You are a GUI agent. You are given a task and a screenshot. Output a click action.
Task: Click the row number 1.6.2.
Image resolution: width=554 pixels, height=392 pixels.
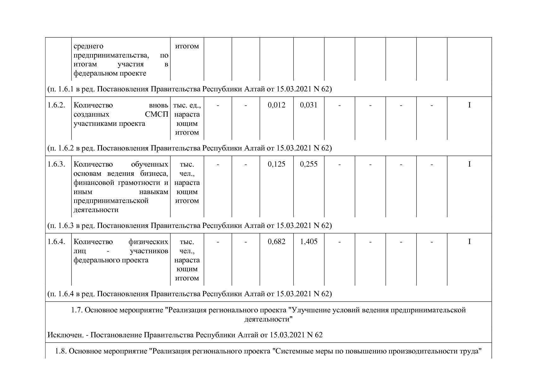[56, 105]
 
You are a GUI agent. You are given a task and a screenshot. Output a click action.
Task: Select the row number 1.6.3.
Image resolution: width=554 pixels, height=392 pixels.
[56, 164]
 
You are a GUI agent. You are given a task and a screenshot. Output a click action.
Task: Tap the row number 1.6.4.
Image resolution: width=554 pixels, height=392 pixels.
[56, 242]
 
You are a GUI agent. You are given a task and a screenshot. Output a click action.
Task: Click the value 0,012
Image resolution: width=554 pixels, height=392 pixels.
[276, 105]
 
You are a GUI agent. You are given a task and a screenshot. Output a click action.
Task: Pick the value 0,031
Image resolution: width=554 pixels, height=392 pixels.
[309, 105]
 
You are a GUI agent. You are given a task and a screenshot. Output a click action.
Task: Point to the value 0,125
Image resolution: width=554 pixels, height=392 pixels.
[276, 164]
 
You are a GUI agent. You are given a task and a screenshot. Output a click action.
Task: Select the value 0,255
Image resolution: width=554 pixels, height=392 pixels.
[309, 164]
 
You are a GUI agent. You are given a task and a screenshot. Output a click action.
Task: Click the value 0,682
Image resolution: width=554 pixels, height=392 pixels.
[276, 242]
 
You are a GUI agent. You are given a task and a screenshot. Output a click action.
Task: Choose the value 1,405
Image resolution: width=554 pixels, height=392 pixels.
[309, 242]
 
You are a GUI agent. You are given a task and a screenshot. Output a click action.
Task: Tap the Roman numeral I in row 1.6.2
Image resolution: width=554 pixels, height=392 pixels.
[469, 105]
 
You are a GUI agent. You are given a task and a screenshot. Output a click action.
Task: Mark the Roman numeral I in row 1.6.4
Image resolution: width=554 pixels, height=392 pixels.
[469, 242]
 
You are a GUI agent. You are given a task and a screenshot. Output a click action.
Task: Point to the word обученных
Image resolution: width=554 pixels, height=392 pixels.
[149, 164]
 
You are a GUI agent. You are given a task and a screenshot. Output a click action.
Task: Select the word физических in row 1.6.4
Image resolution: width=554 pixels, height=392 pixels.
[148, 242]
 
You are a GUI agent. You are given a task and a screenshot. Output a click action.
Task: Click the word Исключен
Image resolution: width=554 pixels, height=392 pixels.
[66, 335]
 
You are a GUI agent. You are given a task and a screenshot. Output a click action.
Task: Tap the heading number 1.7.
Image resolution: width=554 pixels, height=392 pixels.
[77, 310]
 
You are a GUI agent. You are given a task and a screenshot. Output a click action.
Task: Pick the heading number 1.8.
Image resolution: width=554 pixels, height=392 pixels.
[61, 351]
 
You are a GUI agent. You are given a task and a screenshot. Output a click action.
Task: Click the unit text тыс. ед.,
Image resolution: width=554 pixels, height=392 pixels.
[187, 105]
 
